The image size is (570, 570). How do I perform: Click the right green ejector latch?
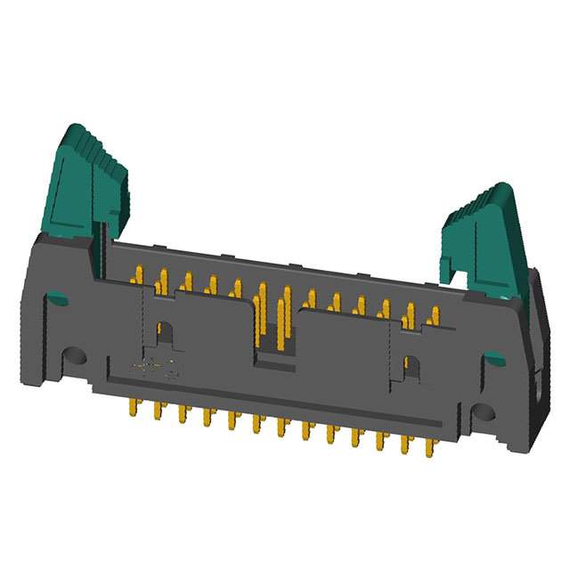click(x=485, y=236)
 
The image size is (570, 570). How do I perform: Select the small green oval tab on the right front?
click(x=493, y=360)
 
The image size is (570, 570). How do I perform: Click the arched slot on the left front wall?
click(x=164, y=333)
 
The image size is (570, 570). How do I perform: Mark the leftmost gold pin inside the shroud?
click(x=138, y=275)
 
